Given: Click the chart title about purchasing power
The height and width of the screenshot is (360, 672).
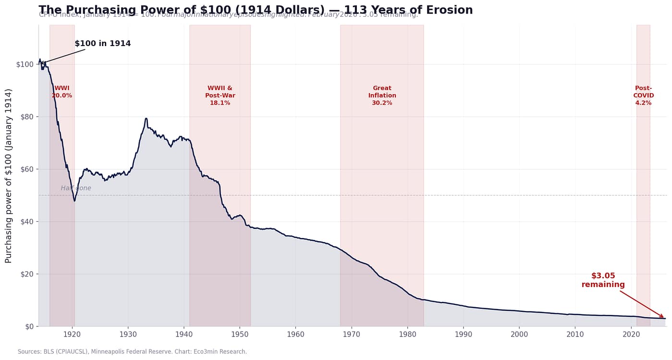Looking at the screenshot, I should (x=256, y=10).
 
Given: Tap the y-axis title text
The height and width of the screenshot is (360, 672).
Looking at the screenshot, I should (x=9, y=176).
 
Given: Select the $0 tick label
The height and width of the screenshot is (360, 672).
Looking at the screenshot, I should (x=28, y=327).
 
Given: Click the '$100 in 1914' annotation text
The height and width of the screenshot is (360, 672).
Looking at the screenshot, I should (x=103, y=44).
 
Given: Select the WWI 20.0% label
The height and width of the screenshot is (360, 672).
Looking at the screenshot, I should (x=62, y=92).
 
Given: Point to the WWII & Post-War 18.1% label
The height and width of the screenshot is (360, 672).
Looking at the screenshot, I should (x=220, y=96).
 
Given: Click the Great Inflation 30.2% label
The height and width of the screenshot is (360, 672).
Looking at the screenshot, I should (x=382, y=96).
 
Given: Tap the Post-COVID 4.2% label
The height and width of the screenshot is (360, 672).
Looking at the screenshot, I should (x=643, y=96).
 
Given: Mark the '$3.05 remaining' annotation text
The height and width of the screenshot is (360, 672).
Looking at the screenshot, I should (x=603, y=280).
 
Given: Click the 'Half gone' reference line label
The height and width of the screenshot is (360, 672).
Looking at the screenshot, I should (x=76, y=188).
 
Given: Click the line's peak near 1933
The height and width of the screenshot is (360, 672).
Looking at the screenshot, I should (x=146, y=118).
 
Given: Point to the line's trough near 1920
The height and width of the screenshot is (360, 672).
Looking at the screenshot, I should (x=74, y=201).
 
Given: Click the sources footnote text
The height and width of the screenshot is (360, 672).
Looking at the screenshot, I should (x=132, y=352).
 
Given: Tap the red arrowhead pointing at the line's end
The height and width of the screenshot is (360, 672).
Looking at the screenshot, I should (x=662, y=317).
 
